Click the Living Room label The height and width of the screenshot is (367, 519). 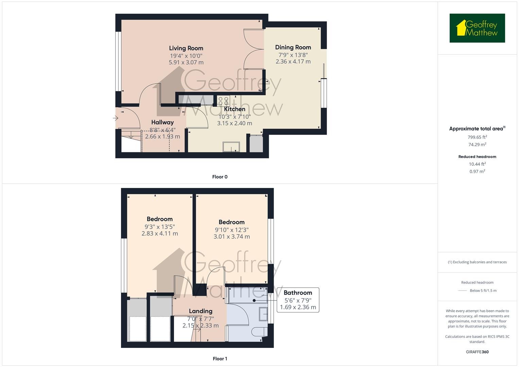coord(186,48)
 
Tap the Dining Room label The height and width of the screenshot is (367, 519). coord(293,47)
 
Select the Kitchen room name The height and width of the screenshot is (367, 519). coord(235,109)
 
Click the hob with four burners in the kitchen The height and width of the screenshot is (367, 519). coord(223,101)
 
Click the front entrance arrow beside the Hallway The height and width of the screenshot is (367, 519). coord(116,118)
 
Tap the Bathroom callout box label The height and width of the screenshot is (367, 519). coord(298,293)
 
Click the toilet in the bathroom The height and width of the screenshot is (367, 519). coord(259,332)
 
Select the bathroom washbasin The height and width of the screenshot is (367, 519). coord(263,314)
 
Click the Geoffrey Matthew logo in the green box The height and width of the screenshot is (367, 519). coord(477,28)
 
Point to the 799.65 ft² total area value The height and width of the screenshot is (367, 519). coord(477,137)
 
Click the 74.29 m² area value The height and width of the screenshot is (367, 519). coord(477,144)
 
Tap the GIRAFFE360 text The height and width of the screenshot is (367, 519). coord(477,352)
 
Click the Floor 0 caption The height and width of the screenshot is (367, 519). coord(220,177)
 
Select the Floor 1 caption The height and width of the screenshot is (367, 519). coord(220,359)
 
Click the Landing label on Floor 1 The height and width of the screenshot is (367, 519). coord(201,311)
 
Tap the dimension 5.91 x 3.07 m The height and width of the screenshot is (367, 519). coord(186,63)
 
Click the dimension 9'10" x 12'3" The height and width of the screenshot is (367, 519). coord(231,230)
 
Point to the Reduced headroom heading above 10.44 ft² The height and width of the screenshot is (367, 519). coord(477,157)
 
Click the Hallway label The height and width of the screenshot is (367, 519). coord(162,122)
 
